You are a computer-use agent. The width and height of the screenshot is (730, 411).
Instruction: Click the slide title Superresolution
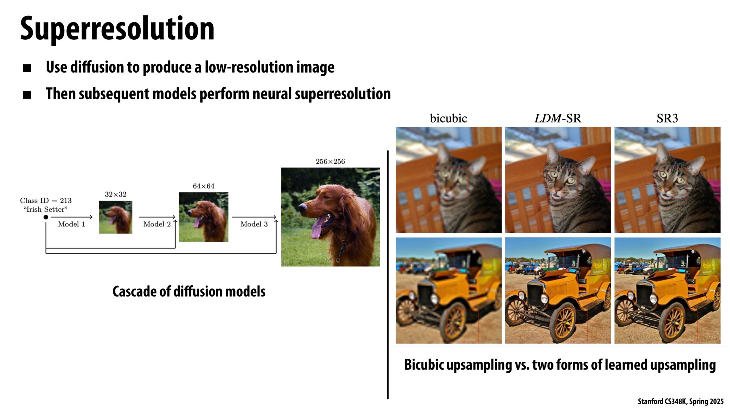pyautogui.click(x=117, y=29)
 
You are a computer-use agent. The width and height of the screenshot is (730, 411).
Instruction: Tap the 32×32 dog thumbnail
pyautogui.click(x=116, y=217)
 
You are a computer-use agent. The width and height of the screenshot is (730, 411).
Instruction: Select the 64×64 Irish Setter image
pyautogui.click(x=203, y=217)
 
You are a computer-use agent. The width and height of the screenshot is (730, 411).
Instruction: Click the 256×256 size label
pyautogui.click(x=330, y=161)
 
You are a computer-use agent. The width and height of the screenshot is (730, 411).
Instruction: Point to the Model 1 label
pyautogui.click(x=71, y=224)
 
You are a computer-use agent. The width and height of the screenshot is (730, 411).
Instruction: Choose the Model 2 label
pyautogui.click(x=157, y=224)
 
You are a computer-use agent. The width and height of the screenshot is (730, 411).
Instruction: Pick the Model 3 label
pyautogui.click(x=254, y=224)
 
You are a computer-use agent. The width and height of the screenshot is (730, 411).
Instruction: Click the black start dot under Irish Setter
pyautogui.click(x=46, y=217)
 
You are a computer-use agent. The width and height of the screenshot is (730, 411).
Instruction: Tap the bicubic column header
pyautogui.click(x=448, y=119)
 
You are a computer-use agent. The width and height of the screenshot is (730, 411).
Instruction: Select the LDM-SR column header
pyautogui.click(x=558, y=119)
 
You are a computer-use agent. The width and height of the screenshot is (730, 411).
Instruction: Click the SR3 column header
pyautogui.click(x=667, y=119)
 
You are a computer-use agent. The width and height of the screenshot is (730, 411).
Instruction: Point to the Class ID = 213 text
pyautogui.click(x=46, y=200)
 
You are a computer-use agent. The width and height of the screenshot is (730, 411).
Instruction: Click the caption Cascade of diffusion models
pyautogui.click(x=189, y=291)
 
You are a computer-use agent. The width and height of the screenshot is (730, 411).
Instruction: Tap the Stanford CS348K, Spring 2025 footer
pyautogui.click(x=680, y=401)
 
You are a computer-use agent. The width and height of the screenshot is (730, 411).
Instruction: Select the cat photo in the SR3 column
pyautogui.click(x=667, y=180)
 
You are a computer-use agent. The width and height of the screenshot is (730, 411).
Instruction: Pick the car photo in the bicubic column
pyautogui.click(x=448, y=290)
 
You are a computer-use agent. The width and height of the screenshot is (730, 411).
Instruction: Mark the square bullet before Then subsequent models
pyautogui.click(x=27, y=95)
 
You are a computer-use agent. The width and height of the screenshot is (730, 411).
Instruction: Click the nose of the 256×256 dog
pyautogui.click(x=303, y=207)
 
